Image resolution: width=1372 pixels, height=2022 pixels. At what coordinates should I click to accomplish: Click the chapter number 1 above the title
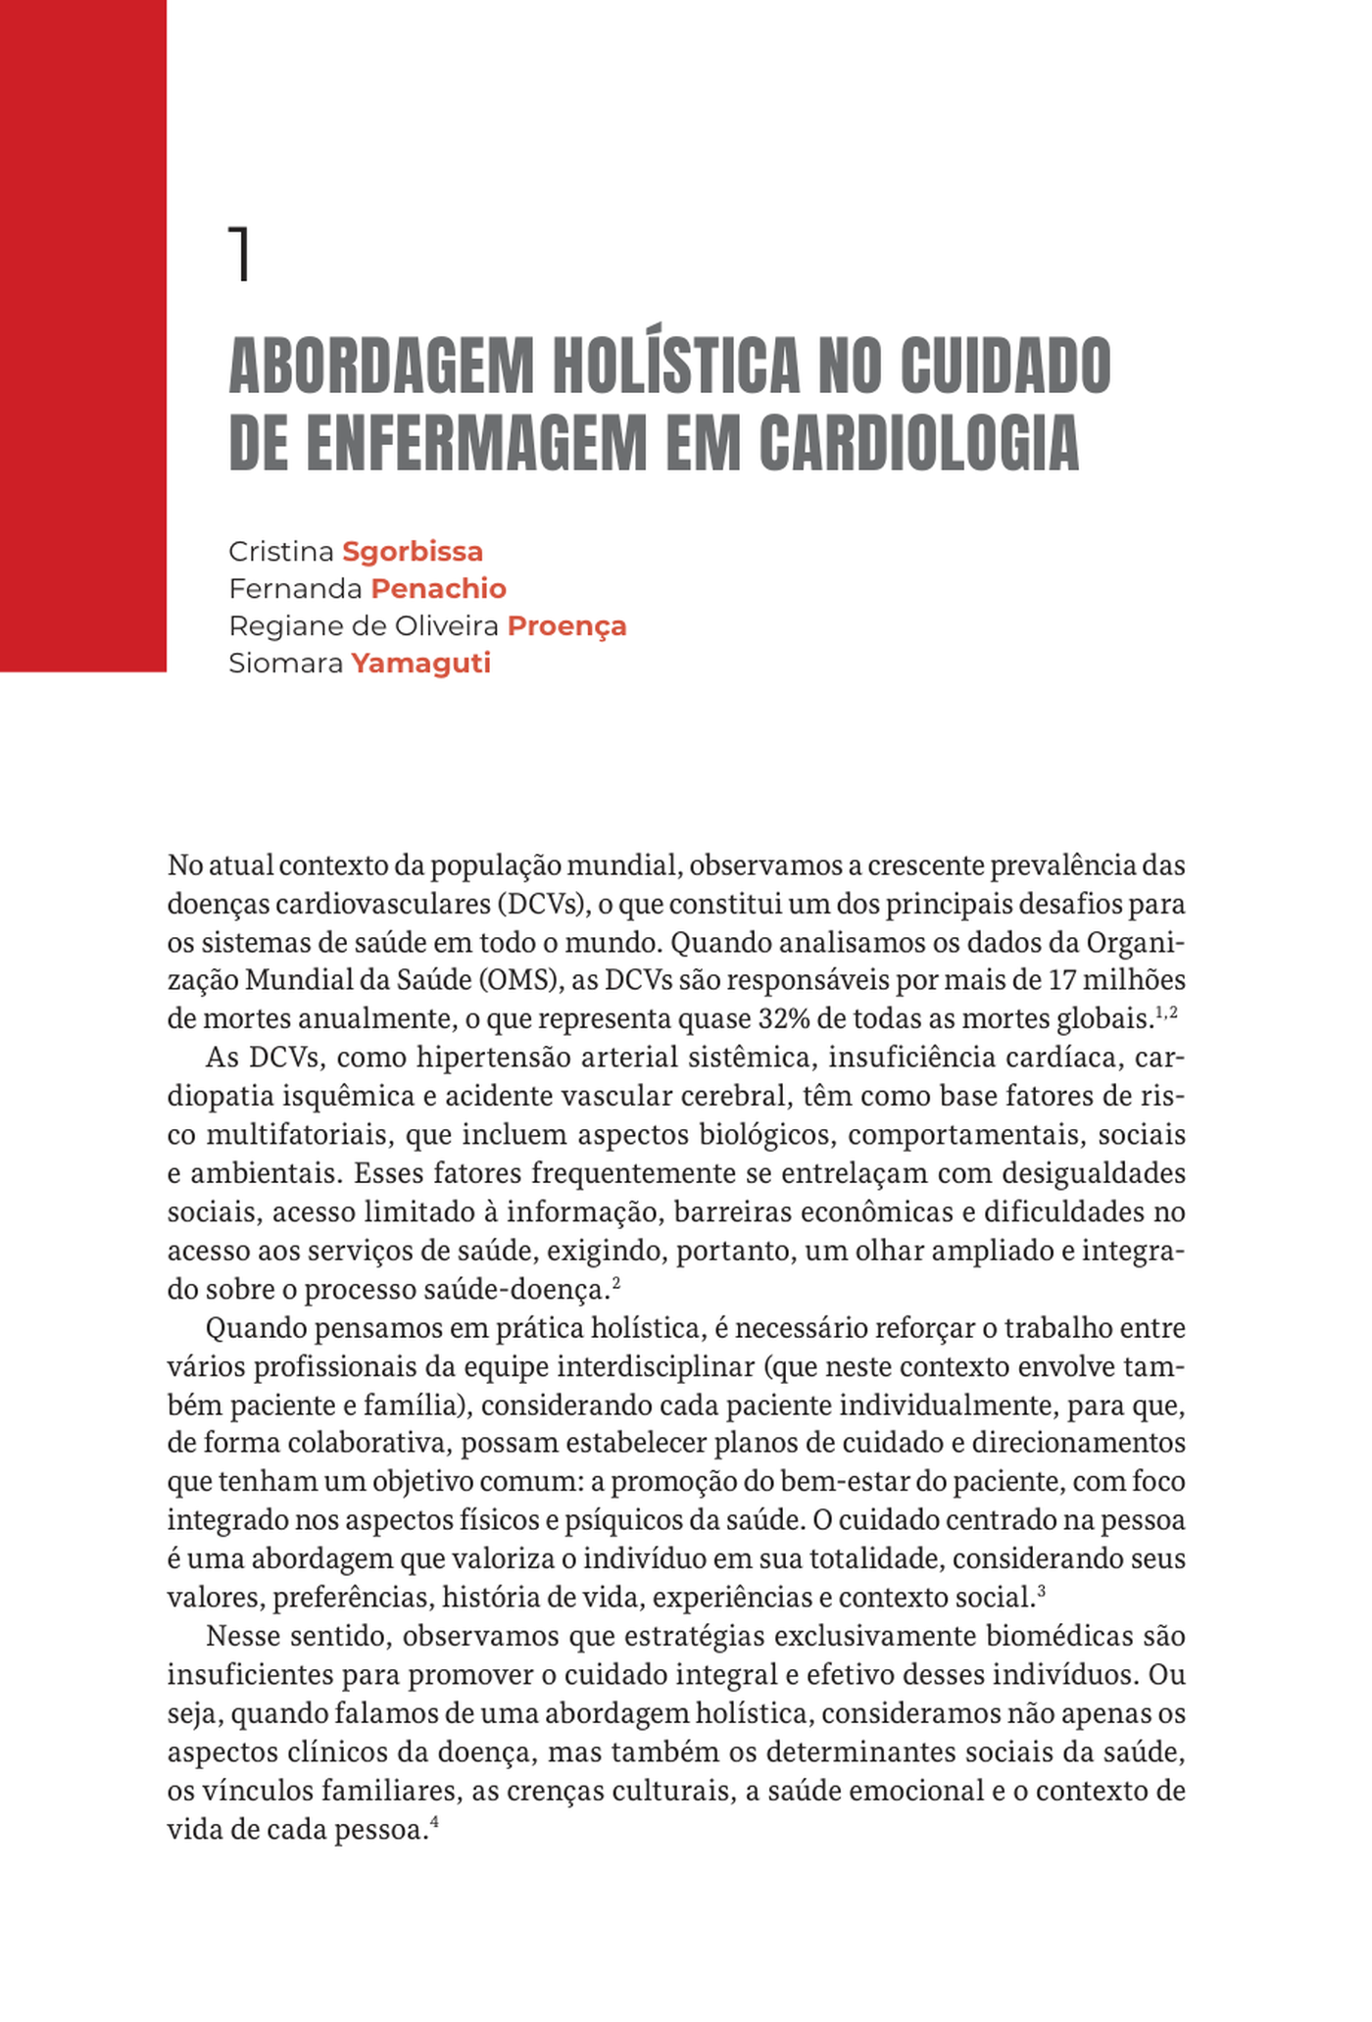tap(239, 254)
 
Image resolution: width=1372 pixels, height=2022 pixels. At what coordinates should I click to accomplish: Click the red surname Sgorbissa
tap(413, 552)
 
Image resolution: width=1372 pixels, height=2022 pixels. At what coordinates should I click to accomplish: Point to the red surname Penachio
tap(438, 589)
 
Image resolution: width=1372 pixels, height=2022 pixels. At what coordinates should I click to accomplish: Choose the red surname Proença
tap(566, 626)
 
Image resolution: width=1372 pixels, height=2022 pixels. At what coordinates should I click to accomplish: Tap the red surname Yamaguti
tap(420, 664)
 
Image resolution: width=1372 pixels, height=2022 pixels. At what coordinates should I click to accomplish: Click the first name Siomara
tap(286, 664)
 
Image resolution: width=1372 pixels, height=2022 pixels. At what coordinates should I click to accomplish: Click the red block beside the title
tap(83, 333)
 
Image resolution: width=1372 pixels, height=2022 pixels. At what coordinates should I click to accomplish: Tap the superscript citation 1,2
tap(1166, 1011)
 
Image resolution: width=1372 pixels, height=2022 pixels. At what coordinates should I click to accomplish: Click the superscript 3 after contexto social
tap(1041, 1593)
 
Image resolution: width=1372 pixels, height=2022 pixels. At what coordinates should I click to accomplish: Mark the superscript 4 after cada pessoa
tap(433, 1824)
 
